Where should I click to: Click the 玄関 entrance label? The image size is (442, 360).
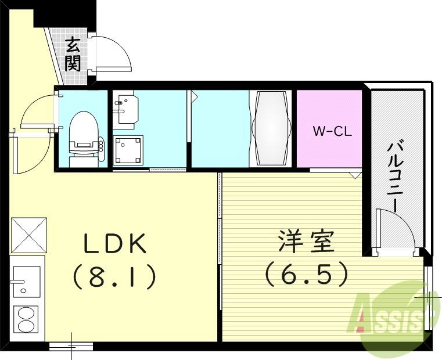72,53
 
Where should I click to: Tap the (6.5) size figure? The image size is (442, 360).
307,273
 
